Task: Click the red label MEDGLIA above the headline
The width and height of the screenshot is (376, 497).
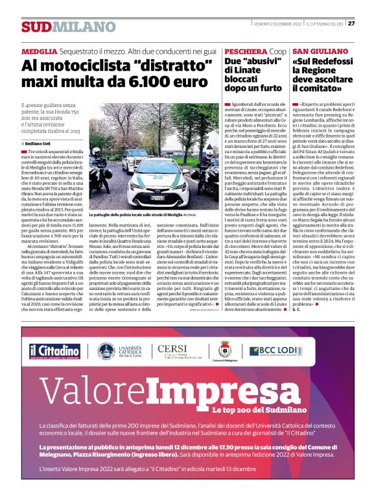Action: coord(39,51)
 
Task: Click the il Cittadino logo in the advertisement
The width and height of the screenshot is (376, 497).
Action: coord(55,350)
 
